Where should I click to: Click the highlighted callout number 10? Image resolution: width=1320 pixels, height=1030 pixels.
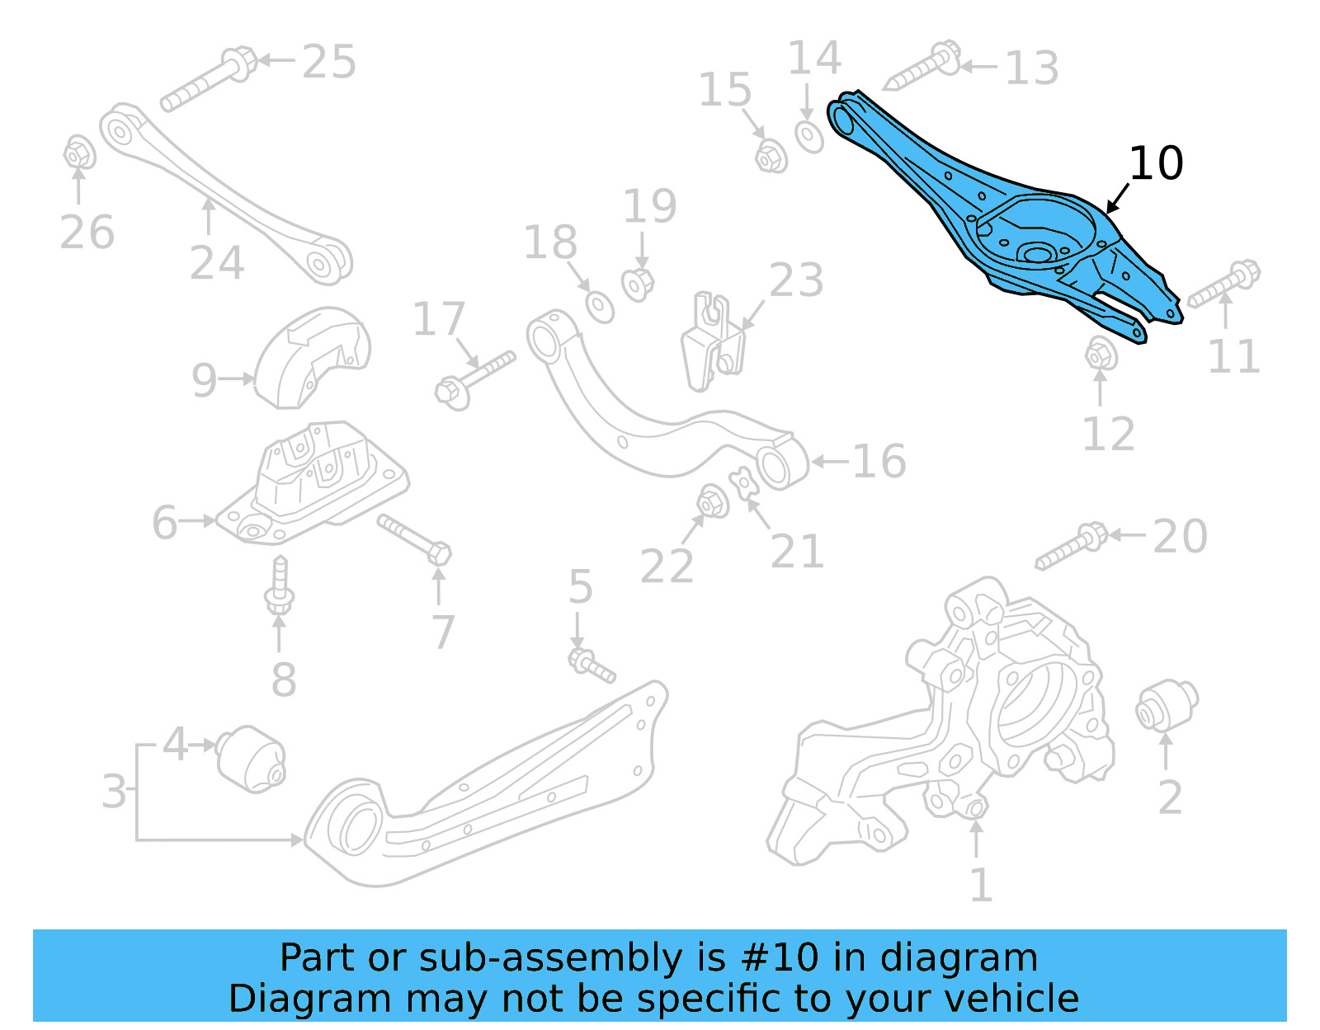(1156, 163)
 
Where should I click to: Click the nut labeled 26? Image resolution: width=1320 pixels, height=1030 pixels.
(78, 153)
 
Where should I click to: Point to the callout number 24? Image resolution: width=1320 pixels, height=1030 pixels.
(217, 263)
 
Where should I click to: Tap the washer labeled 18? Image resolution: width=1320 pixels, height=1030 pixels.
(600, 306)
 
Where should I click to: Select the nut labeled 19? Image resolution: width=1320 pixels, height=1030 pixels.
(638, 284)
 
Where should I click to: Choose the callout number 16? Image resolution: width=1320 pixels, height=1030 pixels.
(879, 461)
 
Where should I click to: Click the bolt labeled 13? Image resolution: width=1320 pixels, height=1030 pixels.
(923, 67)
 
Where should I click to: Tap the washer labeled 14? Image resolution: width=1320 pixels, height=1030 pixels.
(808, 136)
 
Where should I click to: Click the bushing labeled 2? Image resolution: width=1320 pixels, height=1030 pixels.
(1166, 706)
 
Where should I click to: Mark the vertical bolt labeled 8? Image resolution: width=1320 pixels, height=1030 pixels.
(280, 587)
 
